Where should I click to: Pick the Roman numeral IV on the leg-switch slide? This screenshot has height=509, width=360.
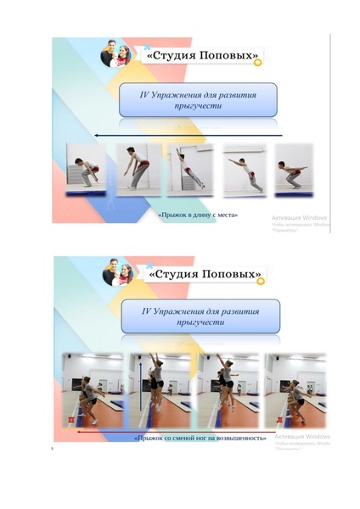click(x=149, y=311)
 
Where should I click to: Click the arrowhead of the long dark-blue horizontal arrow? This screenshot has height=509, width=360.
click(x=97, y=134)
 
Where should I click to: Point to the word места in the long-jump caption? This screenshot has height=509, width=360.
click(x=227, y=215)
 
